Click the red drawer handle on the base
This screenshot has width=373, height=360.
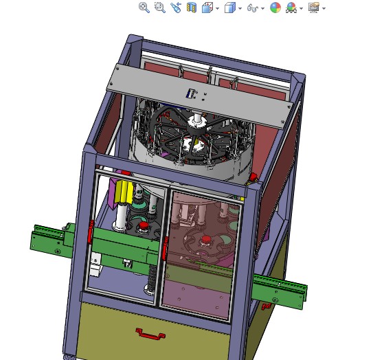tap(150, 334)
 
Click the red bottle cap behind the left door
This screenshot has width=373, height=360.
tap(144, 226)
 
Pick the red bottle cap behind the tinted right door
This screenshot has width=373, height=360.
tap(205, 240)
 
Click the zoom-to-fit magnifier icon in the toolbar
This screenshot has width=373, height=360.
tap(144, 8)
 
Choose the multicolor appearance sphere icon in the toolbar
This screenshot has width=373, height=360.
tap(275, 8)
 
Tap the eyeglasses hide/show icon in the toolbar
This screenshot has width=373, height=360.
tap(252, 8)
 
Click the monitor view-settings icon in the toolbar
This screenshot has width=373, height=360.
tap(313, 8)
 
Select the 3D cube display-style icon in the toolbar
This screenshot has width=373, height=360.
tap(230, 8)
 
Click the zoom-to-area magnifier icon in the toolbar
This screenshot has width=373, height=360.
tap(159, 8)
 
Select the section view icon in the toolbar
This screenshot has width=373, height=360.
tap(192, 8)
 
